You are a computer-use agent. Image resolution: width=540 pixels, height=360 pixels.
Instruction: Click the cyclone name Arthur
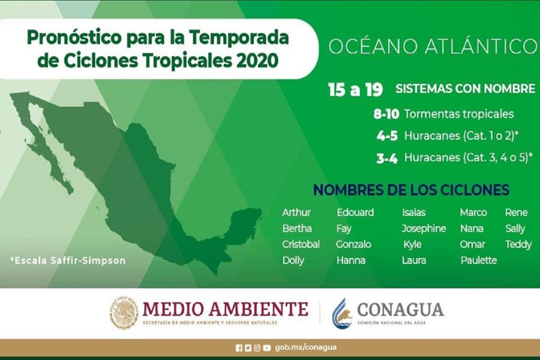pyautogui.click(x=296, y=212)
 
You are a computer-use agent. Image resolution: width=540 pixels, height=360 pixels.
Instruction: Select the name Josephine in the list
pyautogui.click(x=424, y=229)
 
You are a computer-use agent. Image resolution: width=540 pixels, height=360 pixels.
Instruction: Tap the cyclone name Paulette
pyautogui.click(x=479, y=260)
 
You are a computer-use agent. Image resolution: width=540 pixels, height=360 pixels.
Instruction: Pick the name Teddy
pyautogui.click(x=518, y=245)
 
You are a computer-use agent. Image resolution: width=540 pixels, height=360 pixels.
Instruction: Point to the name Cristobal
pyautogui.click(x=301, y=244)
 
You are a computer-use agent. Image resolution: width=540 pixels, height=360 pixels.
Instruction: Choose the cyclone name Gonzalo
pyautogui.click(x=353, y=244)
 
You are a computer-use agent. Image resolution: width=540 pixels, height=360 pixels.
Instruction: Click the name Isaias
pyautogui.click(x=413, y=212)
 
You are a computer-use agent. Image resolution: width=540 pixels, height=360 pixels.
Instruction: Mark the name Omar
pyautogui.click(x=472, y=244)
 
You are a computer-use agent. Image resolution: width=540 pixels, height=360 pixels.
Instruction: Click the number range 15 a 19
pyautogui.click(x=355, y=89)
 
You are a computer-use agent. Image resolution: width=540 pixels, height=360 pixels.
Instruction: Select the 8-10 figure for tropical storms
pyautogui.click(x=386, y=114)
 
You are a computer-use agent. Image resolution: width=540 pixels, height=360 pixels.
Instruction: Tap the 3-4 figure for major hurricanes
pyautogui.click(x=387, y=158)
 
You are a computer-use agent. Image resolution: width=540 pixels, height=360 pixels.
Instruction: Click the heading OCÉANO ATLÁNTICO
pyautogui.click(x=433, y=46)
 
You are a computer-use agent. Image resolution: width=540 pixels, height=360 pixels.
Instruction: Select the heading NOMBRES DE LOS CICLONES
pyautogui.click(x=412, y=190)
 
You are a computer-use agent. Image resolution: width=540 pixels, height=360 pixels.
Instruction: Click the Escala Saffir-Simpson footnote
pyautogui.click(x=68, y=260)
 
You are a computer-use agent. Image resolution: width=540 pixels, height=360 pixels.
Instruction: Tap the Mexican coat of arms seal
pyautogui.click(x=124, y=312)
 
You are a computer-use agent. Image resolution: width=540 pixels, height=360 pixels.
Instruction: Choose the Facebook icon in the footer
pyautogui.click(x=239, y=348)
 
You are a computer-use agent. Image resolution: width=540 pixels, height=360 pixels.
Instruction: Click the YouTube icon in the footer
pyautogui.click(x=266, y=348)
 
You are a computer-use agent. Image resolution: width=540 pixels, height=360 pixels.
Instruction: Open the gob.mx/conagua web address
pyautogui.click(x=305, y=347)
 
